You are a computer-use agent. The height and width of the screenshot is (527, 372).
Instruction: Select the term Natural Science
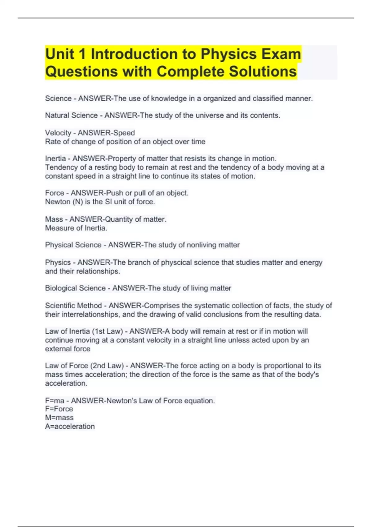click(71, 115)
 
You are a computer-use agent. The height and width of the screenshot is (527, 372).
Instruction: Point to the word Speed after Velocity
click(124, 133)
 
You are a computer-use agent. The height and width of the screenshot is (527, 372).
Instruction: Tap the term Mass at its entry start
click(54, 219)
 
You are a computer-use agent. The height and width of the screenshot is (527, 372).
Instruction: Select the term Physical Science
click(73, 245)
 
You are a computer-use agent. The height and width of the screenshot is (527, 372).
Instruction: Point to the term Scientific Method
click(73, 306)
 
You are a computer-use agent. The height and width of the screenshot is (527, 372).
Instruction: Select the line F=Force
click(59, 409)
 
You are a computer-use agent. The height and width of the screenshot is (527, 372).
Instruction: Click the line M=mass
click(59, 418)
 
